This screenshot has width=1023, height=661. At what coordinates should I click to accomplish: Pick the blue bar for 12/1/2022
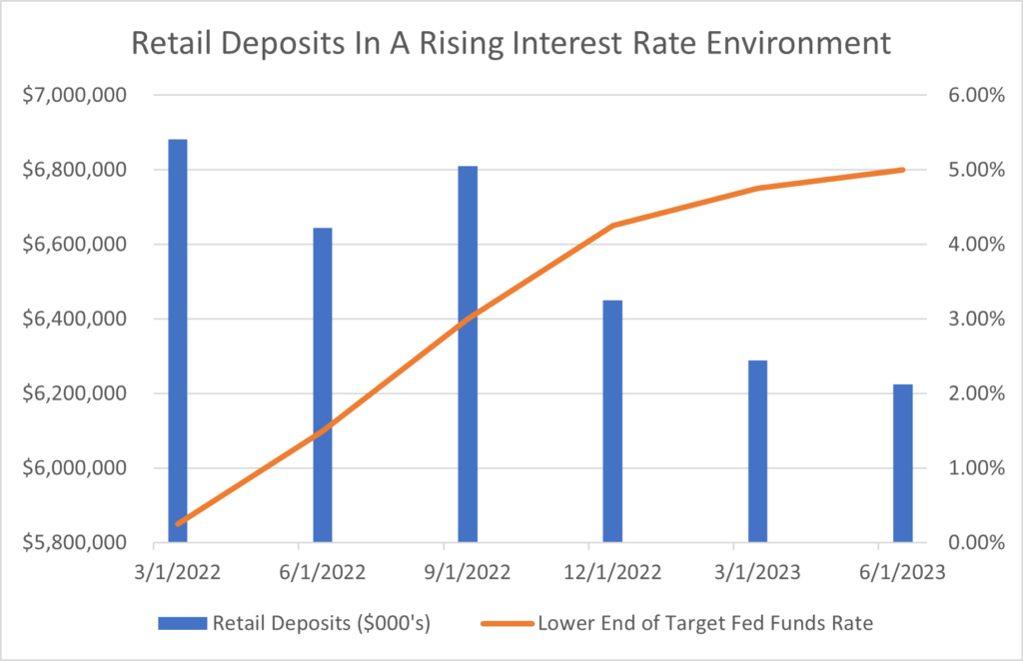click(x=612, y=420)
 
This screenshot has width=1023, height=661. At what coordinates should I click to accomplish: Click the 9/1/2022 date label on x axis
click(x=468, y=573)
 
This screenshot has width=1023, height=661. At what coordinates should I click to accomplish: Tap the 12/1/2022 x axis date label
click(x=612, y=573)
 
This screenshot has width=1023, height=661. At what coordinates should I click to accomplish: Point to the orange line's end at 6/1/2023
click(x=902, y=170)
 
